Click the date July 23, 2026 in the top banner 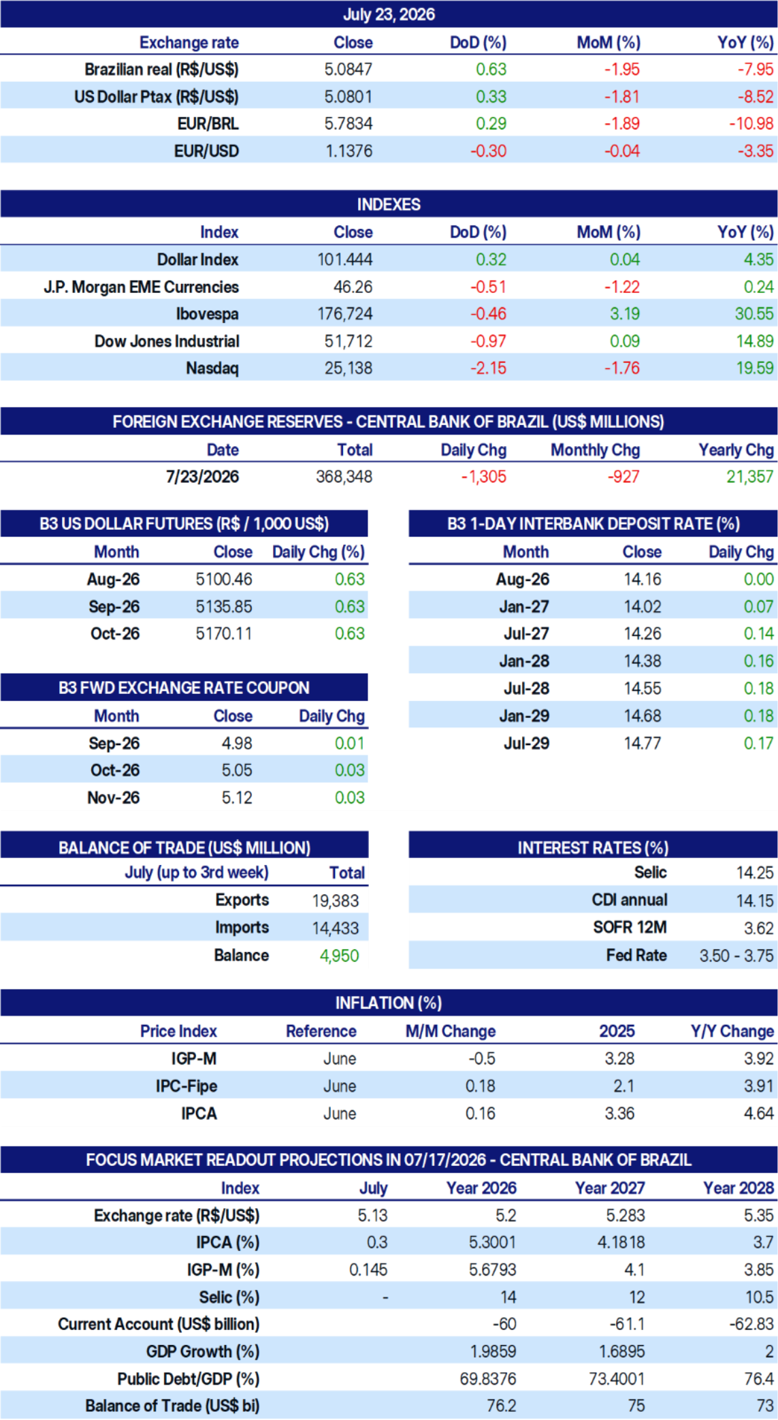389,14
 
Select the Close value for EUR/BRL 349,123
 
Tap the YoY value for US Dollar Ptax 756,96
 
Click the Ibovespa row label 208,314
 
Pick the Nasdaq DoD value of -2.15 489,368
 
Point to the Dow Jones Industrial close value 349,341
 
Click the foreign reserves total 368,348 344,477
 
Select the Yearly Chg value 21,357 750,477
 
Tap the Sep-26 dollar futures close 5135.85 224,606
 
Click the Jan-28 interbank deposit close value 643,661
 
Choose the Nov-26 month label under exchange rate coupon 114,798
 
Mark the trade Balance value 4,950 339,956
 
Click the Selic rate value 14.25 755,872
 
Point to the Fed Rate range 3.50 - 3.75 736,956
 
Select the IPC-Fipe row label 187,1086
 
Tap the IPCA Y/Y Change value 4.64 759,1114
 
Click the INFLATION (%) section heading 389,1003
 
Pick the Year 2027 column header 610,1188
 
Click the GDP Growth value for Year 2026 493,1351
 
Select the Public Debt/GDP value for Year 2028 759,1378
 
